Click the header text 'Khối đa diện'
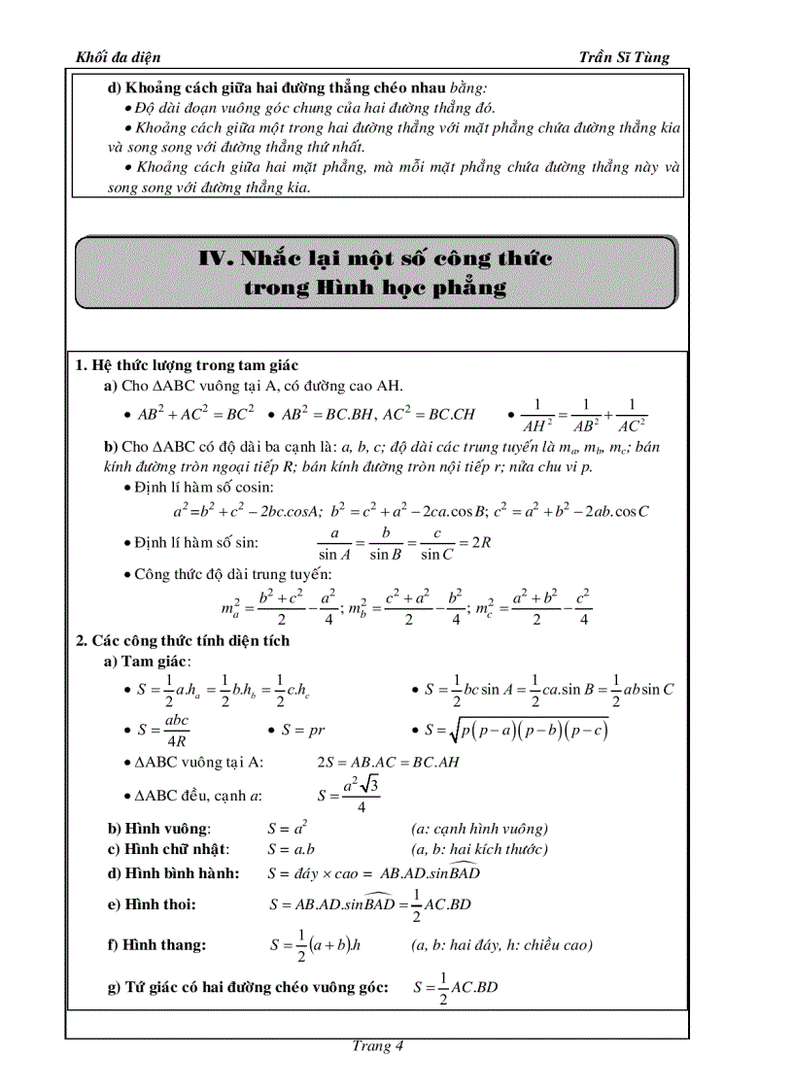pos(118,57)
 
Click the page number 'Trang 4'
pos(377,1046)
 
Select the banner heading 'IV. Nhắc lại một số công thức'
pos(375,258)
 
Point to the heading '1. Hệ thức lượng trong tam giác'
pos(181,365)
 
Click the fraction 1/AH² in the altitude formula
pos(537,415)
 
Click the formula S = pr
pos(307,729)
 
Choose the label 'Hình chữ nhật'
pos(168,849)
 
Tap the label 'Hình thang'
pos(157,944)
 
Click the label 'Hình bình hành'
pos(174,872)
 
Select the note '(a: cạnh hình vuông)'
pos(479,829)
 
